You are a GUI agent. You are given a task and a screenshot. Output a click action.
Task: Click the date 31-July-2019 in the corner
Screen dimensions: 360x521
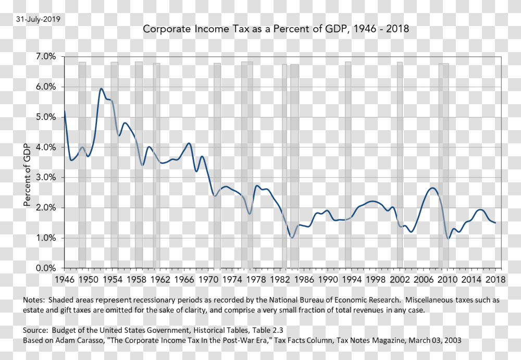tap(38, 19)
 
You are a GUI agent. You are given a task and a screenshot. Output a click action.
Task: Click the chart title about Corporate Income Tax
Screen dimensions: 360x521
tap(276, 29)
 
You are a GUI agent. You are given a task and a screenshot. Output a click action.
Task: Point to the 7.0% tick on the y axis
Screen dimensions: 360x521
tap(46, 56)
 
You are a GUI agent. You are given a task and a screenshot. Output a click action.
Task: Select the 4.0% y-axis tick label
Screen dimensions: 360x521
tap(46, 147)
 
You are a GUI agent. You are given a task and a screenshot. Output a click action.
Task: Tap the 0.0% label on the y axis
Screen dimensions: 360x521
tap(46, 268)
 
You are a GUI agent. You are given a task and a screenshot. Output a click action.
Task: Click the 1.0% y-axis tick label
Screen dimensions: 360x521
tap(46, 238)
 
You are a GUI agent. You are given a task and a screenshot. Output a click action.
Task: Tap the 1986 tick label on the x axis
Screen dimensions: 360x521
tap(303, 279)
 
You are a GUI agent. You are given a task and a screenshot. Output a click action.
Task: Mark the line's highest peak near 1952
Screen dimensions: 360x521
tap(101, 89)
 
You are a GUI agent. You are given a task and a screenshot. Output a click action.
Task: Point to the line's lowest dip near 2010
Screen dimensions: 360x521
tap(448, 239)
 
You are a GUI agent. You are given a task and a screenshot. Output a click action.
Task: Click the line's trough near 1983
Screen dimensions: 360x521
tap(292, 238)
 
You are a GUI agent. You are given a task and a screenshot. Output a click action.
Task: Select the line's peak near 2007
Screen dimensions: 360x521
tap(432, 188)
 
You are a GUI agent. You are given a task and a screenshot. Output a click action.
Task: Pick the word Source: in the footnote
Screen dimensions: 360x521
tap(36, 330)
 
